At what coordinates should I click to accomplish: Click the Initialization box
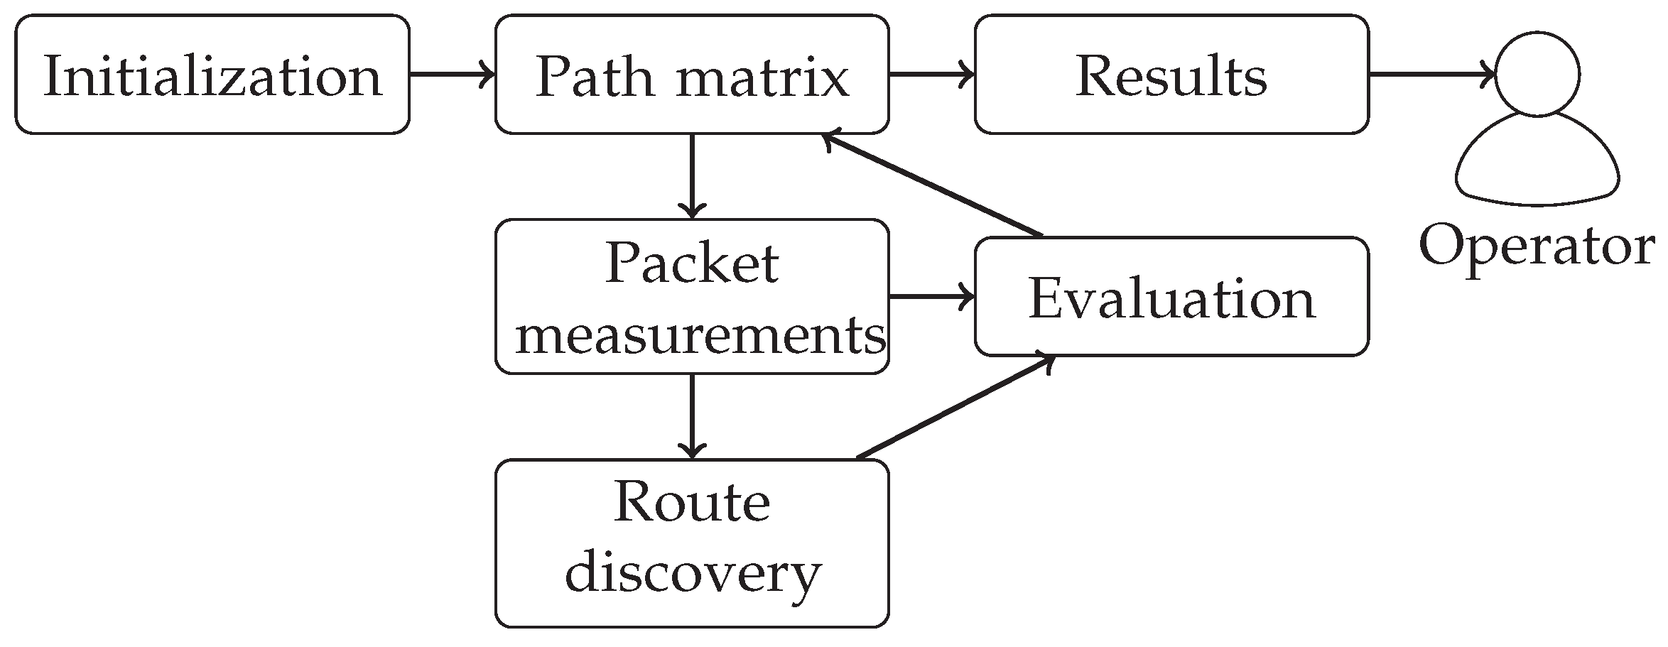pos(212,75)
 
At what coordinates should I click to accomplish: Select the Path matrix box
pos(691,75)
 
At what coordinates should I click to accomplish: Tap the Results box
pos(1171,75)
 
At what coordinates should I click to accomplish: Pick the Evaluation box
pos(1171,297)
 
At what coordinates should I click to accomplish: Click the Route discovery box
pos(691,543)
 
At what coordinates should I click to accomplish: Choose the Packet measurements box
pos(691,297)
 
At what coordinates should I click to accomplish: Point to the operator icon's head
pos(1537,74)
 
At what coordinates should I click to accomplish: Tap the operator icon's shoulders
pos(1537,167)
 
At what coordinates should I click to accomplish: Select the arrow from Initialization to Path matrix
pos(452,74)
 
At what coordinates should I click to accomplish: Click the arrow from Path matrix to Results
pos(931,74)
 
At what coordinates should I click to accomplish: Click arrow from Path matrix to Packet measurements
pos(692,176)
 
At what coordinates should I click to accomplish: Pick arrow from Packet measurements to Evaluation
pos(931,297)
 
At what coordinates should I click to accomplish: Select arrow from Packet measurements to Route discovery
pos(692,416)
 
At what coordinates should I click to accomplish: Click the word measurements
pos(700,335)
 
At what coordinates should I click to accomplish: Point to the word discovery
pos(693,573)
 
